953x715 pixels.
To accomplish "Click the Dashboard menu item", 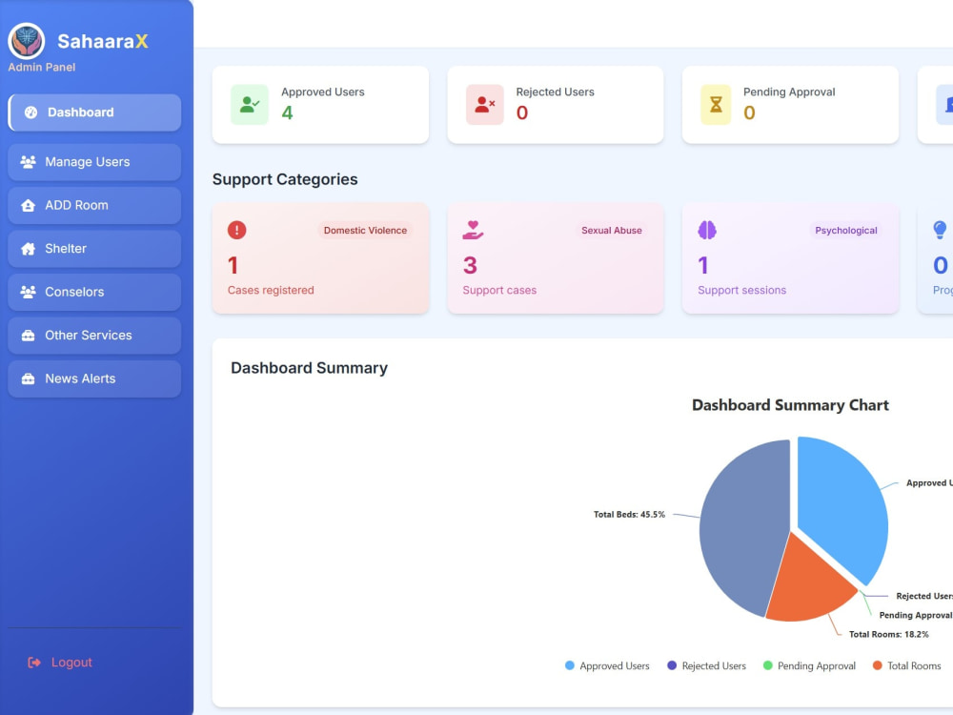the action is [94, 112].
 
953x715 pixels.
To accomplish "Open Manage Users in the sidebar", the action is [94, 162].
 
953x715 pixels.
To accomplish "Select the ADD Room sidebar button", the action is [94, 206].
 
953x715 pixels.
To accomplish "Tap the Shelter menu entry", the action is [94, 249].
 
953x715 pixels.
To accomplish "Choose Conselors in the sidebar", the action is [94, 292].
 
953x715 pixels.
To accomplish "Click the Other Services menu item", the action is [94, 336].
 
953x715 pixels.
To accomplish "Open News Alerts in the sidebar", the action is [94, 378].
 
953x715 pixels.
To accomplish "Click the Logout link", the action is [60, 663].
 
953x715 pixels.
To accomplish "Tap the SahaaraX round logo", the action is [26, 41].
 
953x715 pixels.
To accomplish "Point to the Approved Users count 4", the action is [287, 112].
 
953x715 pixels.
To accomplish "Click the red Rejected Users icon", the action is [484, 105].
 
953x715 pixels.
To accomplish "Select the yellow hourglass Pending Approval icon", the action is [716, 105].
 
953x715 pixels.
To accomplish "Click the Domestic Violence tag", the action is [365, 231].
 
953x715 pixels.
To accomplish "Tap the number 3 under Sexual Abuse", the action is [470, 265].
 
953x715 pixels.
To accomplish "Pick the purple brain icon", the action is [707, 231].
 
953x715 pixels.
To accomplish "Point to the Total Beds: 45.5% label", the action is [629, 515].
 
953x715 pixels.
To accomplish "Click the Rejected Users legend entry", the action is [706, 665].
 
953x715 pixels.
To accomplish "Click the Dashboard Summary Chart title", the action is [790, 405].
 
